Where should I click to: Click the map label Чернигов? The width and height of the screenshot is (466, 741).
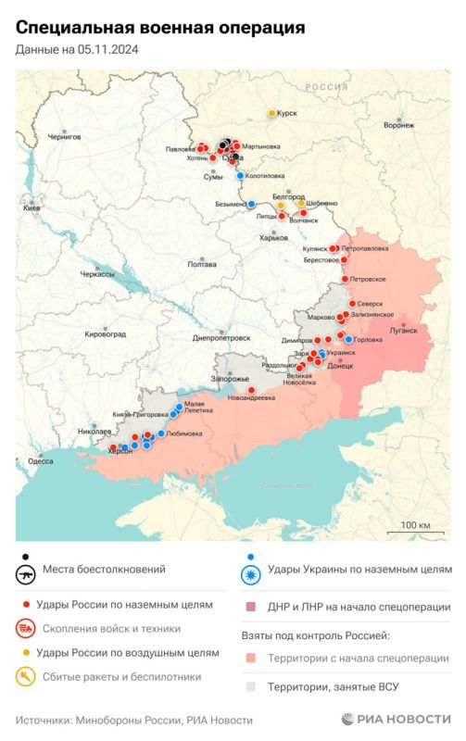click(64, 136)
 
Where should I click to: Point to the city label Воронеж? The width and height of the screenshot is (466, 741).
click(398, 125)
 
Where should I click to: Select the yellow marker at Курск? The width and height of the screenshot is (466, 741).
click(271, 113)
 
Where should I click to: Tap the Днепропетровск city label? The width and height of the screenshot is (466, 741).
click(221, 338)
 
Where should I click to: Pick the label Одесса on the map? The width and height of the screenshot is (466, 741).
click(41, 460)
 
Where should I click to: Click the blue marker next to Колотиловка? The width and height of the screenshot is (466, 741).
click(240, 175)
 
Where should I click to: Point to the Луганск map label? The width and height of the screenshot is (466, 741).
click(404, 330)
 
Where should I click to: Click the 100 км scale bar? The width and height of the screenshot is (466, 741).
click(415, 533)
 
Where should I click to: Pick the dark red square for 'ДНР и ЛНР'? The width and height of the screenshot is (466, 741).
click(250, 608)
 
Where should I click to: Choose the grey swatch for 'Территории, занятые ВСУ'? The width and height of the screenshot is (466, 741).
click(250, 687)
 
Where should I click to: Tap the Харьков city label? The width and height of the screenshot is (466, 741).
click(273, 238)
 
